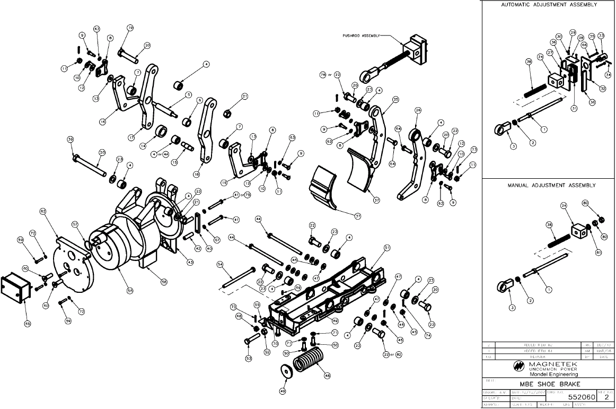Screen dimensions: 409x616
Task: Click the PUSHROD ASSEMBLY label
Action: tap(361, 36)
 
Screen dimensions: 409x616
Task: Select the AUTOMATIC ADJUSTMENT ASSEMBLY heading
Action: tap(549, 4)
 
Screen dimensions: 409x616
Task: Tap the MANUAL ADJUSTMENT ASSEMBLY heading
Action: tap(549, 185)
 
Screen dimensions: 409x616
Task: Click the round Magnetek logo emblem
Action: tap(518, 366)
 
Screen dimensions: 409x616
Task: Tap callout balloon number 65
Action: tap(28, 323)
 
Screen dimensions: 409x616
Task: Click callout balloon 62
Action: tap(43, 211)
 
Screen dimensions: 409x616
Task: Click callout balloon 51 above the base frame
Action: tap(387, 247)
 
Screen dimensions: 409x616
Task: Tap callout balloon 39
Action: tap(70, 140)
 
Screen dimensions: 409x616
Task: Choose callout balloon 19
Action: tap(130, 28)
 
